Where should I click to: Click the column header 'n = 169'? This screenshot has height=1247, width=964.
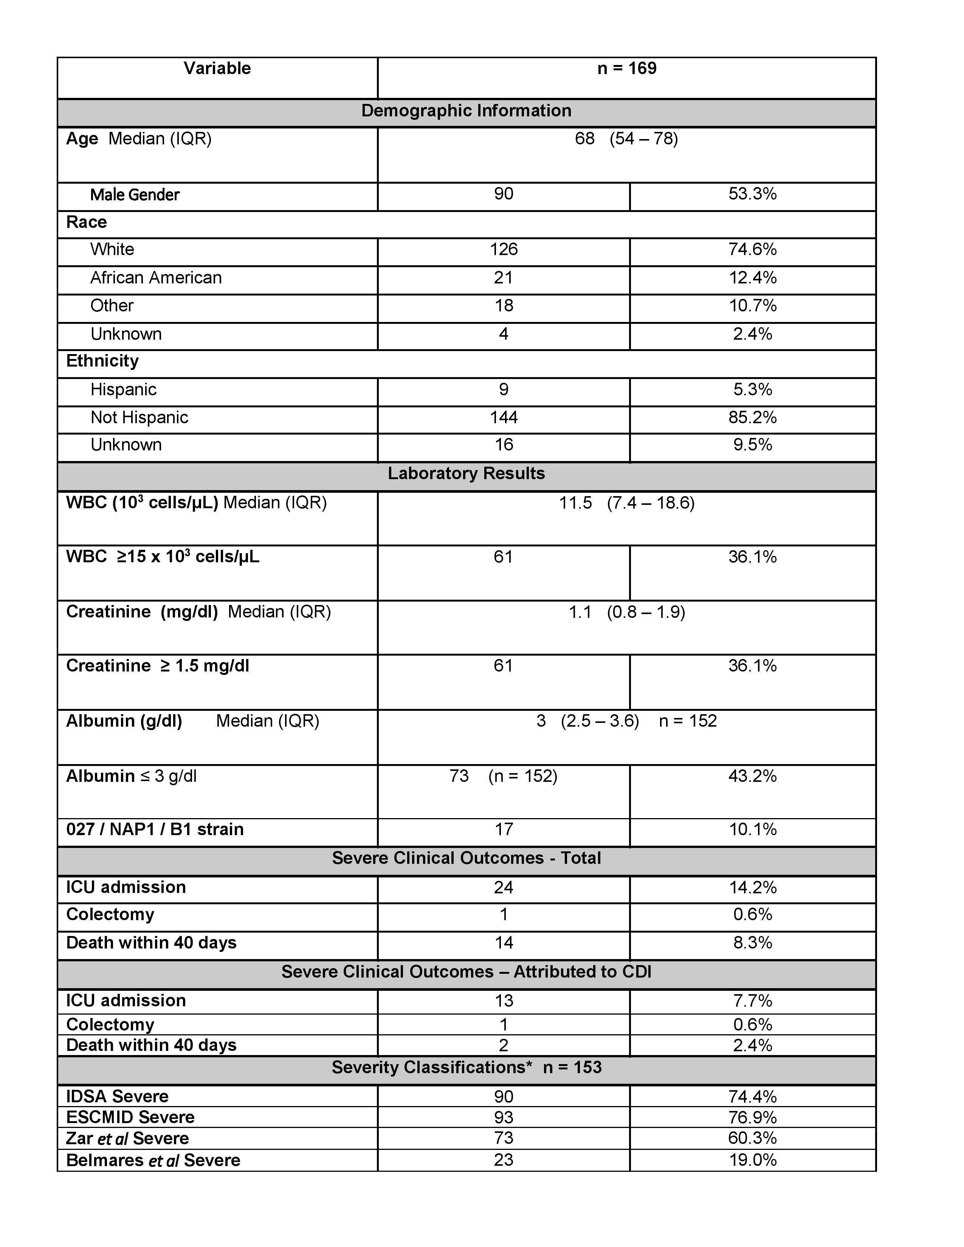[x=626, y=68]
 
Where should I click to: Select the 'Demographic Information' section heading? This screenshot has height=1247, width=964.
[x=466, y=111]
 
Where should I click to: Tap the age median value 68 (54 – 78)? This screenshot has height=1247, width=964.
[x=626, y=139]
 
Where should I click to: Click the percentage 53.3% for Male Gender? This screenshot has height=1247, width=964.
[x=752, y=194]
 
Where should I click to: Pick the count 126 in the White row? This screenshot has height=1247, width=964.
[x=503, y=249]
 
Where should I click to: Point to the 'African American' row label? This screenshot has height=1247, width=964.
[x=155, y=277]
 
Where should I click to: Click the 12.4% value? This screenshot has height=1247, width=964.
[x=752, y=277]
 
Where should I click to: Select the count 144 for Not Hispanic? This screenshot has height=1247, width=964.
[x=503, y=418]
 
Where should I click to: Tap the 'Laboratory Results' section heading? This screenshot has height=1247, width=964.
[x=466, y=473]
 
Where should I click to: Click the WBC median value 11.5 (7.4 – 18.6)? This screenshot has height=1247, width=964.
[x=626, y=503]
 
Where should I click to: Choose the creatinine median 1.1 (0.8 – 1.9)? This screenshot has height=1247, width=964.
[x=626, y=612]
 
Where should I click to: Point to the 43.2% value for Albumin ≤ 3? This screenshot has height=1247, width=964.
[x=752, y=776]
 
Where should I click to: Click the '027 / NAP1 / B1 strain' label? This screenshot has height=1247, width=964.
[x=155, y=829]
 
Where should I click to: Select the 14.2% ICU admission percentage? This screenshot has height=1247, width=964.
[x=752, y=887]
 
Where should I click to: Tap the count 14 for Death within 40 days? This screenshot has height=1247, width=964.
[x=503, y=943]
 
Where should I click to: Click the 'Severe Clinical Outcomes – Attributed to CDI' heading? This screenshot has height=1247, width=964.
[x=466, y=972]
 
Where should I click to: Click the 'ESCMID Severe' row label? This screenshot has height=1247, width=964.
[x=130, y=1117]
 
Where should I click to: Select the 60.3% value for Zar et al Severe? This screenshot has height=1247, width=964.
[x=752, y=1138]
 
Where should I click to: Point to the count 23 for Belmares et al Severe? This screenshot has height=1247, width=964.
[x=503, y=1160]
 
